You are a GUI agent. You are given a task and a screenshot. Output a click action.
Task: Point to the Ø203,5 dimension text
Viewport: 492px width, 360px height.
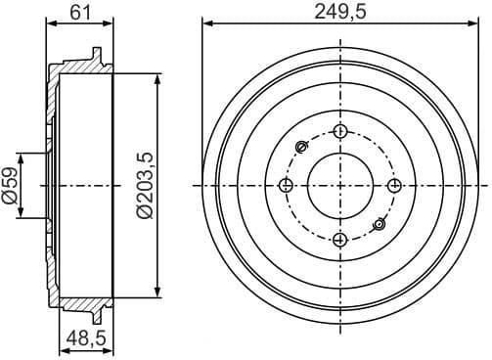pos(145,185)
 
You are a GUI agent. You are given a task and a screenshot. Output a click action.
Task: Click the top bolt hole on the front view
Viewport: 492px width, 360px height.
pos(339,132)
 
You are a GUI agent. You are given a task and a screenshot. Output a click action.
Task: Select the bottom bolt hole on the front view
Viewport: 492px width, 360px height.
pos(339,240)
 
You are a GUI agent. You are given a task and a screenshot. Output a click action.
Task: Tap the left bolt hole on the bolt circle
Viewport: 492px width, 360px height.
pos(286,186)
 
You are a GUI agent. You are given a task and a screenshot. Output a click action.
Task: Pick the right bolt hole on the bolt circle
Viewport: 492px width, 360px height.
pos(393,186)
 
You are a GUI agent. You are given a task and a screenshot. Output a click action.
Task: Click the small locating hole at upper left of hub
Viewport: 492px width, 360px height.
pos(301,148)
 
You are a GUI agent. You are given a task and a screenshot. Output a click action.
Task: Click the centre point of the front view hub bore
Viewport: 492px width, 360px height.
pos(339,186)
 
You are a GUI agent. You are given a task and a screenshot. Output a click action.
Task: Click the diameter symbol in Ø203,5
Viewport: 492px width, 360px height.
pos(145,209)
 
